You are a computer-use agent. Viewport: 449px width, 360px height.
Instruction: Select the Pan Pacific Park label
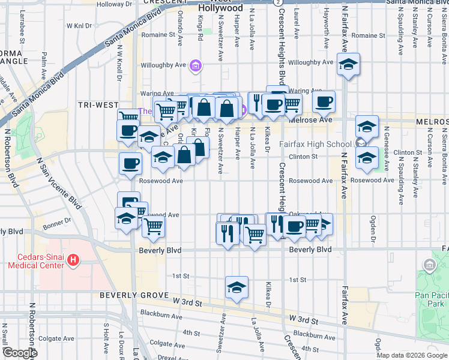[x=431, y=299]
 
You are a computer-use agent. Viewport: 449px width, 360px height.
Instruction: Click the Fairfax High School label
[x=316, y=144]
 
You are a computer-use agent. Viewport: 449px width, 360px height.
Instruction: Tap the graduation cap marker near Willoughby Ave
[x=348, y=65]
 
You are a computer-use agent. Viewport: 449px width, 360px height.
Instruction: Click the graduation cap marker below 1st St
[x=237, y=287]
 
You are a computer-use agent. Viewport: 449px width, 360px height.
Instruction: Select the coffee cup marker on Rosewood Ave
[x=130, y=164]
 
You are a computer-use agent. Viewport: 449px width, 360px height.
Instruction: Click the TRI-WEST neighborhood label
[x=98, y=104]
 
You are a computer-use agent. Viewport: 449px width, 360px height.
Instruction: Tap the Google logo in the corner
[x=19, y=353]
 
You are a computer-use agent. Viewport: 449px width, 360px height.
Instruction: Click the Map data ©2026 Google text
[x=411, y=355]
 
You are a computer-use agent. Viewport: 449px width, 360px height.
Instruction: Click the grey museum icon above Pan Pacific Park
[x=429, y=265]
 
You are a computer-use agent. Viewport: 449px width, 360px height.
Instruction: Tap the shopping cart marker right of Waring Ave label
[x=292, y=103]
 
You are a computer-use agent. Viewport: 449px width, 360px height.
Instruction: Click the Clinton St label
[x=303, y=157]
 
